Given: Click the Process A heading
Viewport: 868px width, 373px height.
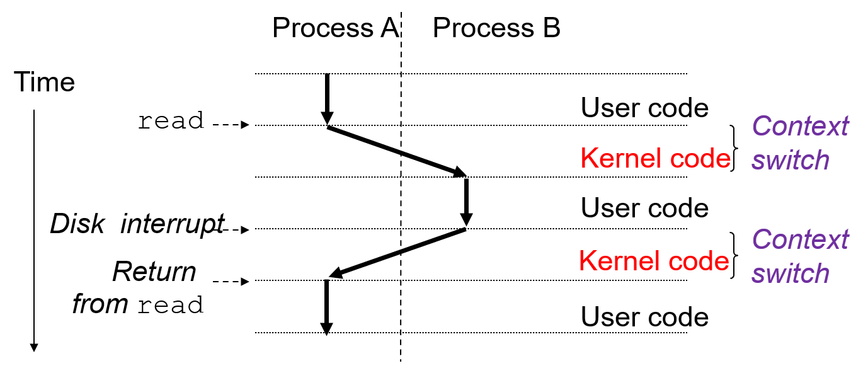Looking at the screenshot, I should [335, 28].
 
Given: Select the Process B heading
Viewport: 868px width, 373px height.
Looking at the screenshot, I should [496, 28].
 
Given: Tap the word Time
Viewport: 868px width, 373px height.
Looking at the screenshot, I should [44, 83].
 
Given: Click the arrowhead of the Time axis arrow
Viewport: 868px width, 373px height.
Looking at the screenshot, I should [34, 347].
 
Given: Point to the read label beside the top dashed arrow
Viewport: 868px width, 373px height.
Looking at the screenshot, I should [171, 121].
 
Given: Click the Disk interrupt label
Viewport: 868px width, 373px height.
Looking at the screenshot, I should [137, 224].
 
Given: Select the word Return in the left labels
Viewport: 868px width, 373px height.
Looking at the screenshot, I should [154, 272].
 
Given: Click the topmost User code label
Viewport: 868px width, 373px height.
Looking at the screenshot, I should [644, 108].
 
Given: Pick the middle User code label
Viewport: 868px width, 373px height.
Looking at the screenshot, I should [644, 209].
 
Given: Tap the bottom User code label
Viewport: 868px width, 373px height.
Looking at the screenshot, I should [644, 317].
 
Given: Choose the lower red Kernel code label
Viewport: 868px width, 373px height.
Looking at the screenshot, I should [654, 260].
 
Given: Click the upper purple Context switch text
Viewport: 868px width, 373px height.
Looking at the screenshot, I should [800, 144].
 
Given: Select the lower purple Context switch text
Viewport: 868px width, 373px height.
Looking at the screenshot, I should [800, 257].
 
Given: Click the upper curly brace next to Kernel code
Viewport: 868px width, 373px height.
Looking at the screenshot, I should [734, 149].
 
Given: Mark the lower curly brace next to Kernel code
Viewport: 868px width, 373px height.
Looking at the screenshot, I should [734, 255].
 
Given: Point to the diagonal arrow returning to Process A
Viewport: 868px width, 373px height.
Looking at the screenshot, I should [397, 253].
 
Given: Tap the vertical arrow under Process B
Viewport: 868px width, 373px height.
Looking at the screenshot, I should [466, 202].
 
